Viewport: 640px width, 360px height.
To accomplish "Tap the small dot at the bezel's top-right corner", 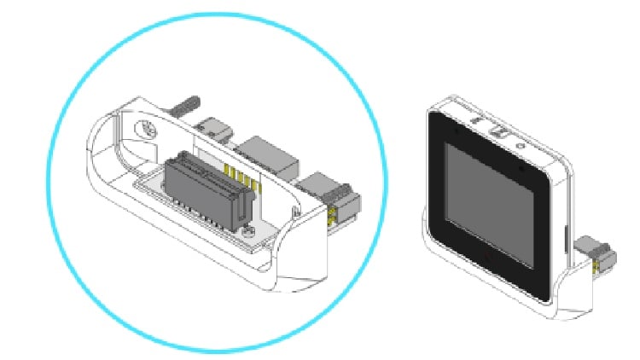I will (x=521, y=169).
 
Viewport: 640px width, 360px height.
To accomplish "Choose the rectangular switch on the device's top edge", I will (x=498, y=131).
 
